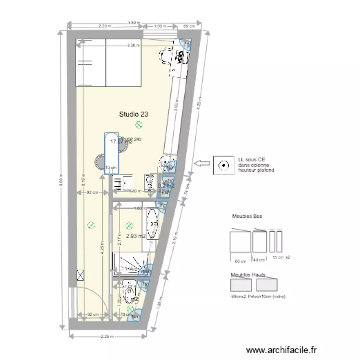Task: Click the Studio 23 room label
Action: (x=133, y=114)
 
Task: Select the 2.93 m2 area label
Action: (x=135, y=236)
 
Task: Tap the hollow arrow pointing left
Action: (x=202, y=164)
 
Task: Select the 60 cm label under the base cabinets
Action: (x=240, y=261)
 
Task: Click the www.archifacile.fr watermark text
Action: (x=281, y=350)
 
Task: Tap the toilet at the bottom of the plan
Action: (x=129, y=292)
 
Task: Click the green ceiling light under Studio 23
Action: (x=139, y=125)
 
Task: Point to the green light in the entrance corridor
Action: (x=90, y=225)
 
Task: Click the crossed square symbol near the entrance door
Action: (x=80, y=275)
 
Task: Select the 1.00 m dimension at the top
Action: (x=160, y=26)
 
